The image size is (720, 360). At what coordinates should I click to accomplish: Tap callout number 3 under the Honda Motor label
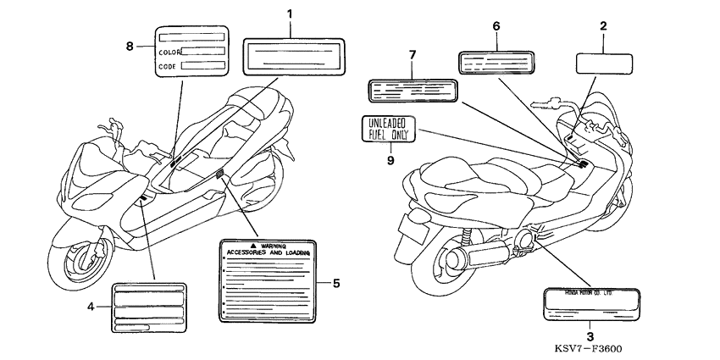[x=590, y=336]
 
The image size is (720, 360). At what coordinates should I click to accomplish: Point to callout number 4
[x=91, y=306]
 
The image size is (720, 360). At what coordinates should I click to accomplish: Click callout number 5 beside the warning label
[x=336, y=283]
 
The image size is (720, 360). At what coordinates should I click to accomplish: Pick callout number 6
[x=496, y=26]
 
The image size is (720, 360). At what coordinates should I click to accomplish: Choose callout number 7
[x=412, y=55]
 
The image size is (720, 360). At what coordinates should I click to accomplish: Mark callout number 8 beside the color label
[x=130, y=46]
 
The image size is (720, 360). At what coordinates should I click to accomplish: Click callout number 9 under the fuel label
[x=391, y=158]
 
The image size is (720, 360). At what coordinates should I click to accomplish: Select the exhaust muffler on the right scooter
[x=479, y=254]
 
